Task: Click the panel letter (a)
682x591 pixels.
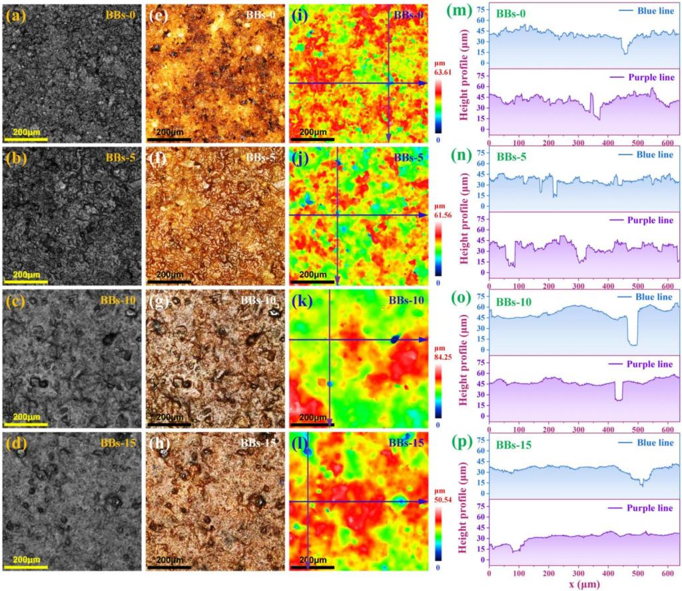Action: click(14, 13)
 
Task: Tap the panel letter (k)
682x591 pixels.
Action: click(301, 300)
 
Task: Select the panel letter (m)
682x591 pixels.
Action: click(479, 12)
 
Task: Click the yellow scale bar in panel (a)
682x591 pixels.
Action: click(26, 139)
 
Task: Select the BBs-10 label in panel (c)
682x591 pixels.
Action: click(118, 299)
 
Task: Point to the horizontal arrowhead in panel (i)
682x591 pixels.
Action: click(422, 83)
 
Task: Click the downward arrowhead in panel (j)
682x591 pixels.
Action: click(338, 280)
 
